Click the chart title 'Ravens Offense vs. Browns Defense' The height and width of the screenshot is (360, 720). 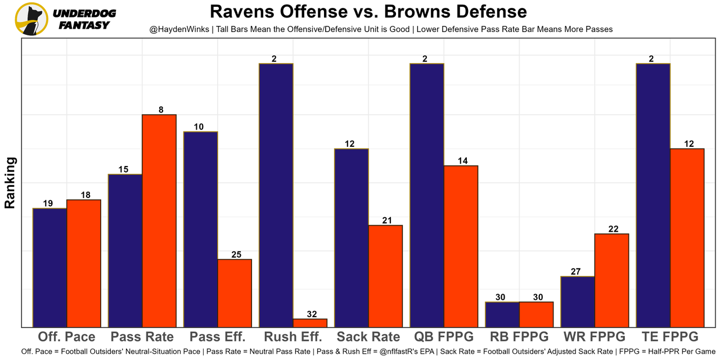point(368,12)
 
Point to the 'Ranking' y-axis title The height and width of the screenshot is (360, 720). point(10,183)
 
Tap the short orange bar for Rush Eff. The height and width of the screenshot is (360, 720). point(310,323)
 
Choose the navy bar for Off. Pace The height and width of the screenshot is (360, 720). point(50,267)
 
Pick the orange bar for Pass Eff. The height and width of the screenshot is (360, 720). point(235,292)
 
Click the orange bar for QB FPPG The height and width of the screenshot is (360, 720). point(461,246)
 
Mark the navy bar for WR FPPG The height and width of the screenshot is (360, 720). point(578,301)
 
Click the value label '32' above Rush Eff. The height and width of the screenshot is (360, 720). point(310,314)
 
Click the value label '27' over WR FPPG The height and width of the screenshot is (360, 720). point(575,272)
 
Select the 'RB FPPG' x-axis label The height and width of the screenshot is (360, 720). point(519,337)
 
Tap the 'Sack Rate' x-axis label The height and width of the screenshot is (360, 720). point(368,337)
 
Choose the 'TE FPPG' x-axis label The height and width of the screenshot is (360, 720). point(670,337)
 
